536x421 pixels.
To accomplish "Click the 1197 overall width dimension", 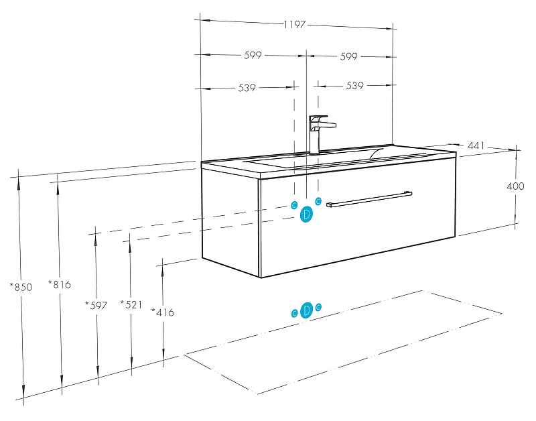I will tap(294, 25).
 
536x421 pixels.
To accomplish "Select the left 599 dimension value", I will tap(253, 56).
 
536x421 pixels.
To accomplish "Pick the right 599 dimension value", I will tap(348, 56).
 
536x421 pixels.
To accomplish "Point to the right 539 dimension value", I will tap(354, 86).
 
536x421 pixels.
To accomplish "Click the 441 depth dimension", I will tap(476, 145).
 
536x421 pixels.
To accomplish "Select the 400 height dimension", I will tap(516, 186).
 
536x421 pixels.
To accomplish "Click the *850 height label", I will tap(21, 287).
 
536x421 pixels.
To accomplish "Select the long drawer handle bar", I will tap(369, 199).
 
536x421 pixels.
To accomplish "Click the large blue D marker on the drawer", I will tap(306, 215).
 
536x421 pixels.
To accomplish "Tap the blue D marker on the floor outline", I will tap(306, 310).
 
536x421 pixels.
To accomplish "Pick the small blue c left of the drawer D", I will tap(294, 205).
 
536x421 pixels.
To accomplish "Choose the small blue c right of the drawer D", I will tap(319, 201).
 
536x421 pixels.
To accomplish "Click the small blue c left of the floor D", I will tap(294, 313).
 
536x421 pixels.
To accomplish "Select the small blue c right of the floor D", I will tap(318, 307).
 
